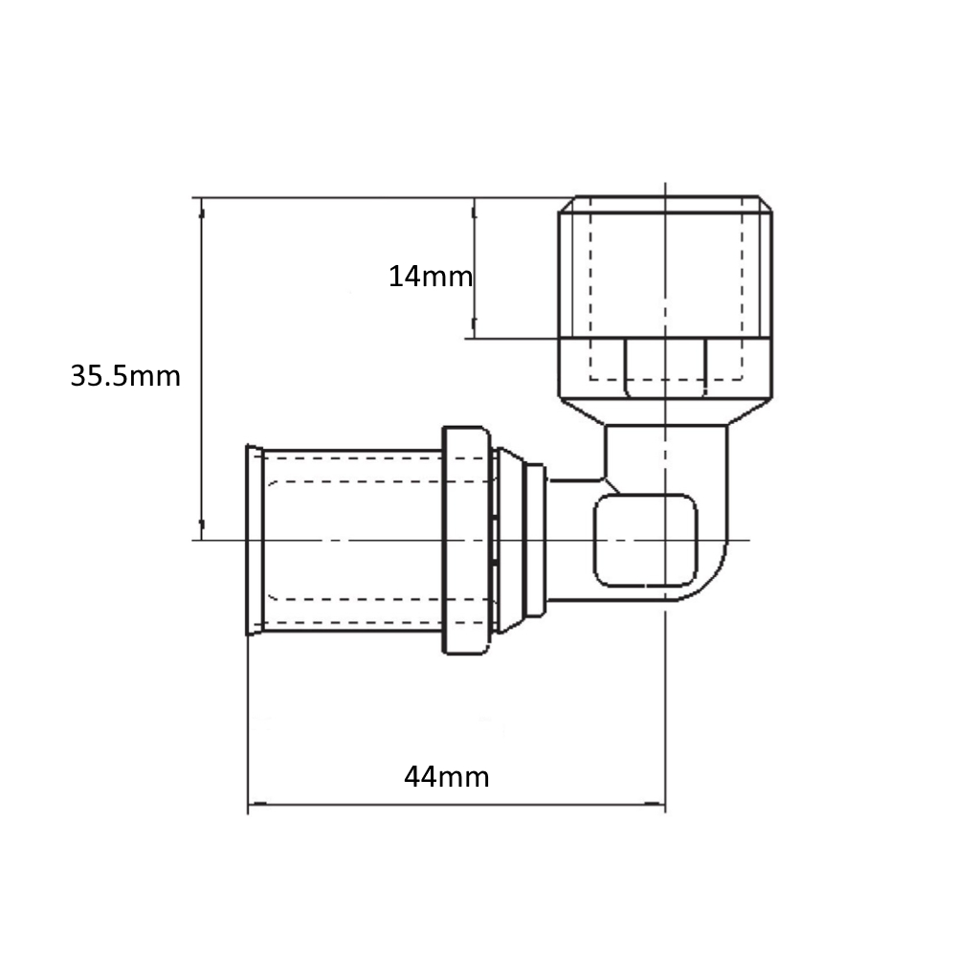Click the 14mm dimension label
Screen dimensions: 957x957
click(x=431, y=277)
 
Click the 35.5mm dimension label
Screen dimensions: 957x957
click(x=125, y=376)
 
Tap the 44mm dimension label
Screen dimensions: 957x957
click(x=447, y=777)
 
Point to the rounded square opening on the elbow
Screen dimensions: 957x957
click(x=645, y=540)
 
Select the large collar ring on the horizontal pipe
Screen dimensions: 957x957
click(x=466, y=540)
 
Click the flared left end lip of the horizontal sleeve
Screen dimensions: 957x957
click(x=254, y=540)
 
